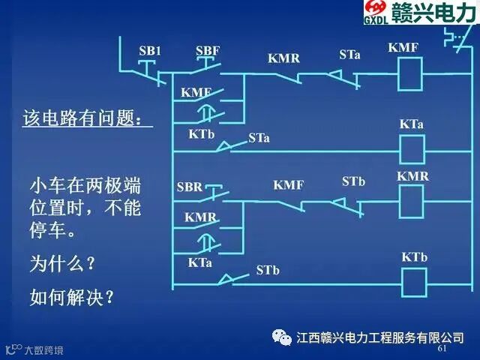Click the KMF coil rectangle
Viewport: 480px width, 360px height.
(410, 73)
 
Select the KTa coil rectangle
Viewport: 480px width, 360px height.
(412, 150)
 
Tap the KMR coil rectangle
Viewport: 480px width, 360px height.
(412, 202)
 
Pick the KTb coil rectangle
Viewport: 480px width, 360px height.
(414, 283)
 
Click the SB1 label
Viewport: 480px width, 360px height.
(150, 50)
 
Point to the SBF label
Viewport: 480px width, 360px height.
(208, 50)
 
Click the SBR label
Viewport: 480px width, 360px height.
(190, 187)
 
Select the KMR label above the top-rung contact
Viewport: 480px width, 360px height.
(283, 58)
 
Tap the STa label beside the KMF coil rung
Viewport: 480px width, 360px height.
(349, 55)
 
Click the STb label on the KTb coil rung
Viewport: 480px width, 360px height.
(268, 270)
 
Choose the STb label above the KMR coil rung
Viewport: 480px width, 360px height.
(353, 181)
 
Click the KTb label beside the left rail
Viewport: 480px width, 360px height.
(202, 134)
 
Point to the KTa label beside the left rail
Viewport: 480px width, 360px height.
(199, 262)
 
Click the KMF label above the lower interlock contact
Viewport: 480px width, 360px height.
(289, 185)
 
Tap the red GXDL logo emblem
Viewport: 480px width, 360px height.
(376, 7)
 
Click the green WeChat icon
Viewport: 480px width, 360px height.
(282, 337)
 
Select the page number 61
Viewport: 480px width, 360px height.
(442, 348)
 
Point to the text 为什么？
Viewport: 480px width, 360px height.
(62, 263)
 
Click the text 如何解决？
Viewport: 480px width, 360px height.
(72, 297)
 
